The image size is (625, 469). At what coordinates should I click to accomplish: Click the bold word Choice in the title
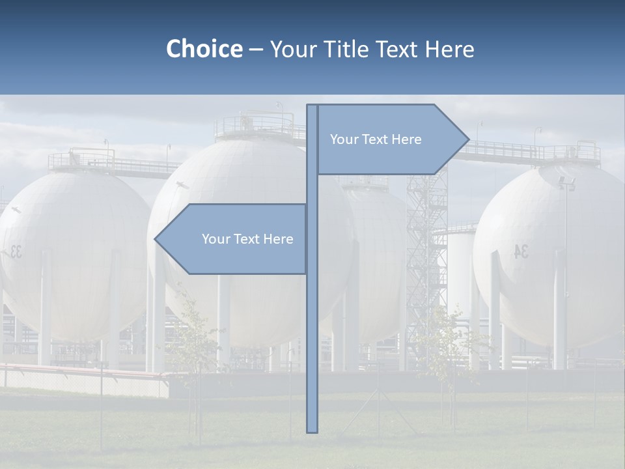point(204,49)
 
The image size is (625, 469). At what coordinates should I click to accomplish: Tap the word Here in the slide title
point(449,49)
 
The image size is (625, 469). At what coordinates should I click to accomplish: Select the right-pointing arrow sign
point(391,139)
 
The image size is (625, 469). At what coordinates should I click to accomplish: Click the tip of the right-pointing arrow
point(468,139)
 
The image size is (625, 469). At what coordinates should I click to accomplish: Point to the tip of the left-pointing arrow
point(156,239)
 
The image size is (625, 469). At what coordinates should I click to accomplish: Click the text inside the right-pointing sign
point(376,139)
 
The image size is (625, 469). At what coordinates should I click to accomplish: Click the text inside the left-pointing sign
point(247,239)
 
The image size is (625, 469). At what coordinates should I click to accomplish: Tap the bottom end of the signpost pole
point(312,430)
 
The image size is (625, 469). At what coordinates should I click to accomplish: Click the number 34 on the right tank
point(521,251)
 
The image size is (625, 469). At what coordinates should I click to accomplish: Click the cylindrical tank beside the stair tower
point(459,274)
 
